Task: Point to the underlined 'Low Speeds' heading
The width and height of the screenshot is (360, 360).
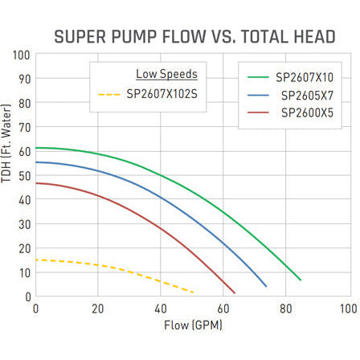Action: (x=166, y=74)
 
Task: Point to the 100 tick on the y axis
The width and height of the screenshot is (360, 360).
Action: (x=22, y=55)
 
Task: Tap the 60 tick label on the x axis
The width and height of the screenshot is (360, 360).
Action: (x=223, y=309)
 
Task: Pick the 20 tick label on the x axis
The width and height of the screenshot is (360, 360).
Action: (x=97, y=309)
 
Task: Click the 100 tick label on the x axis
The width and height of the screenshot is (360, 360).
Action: (x=347, y=309)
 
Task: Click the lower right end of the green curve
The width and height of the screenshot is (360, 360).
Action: (x=301, y=280)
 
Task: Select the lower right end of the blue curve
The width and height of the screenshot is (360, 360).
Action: (x=266, y=286)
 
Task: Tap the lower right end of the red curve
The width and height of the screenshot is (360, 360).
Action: (x=234, y=292)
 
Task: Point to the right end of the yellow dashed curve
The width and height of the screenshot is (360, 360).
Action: (x=194, y=291)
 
